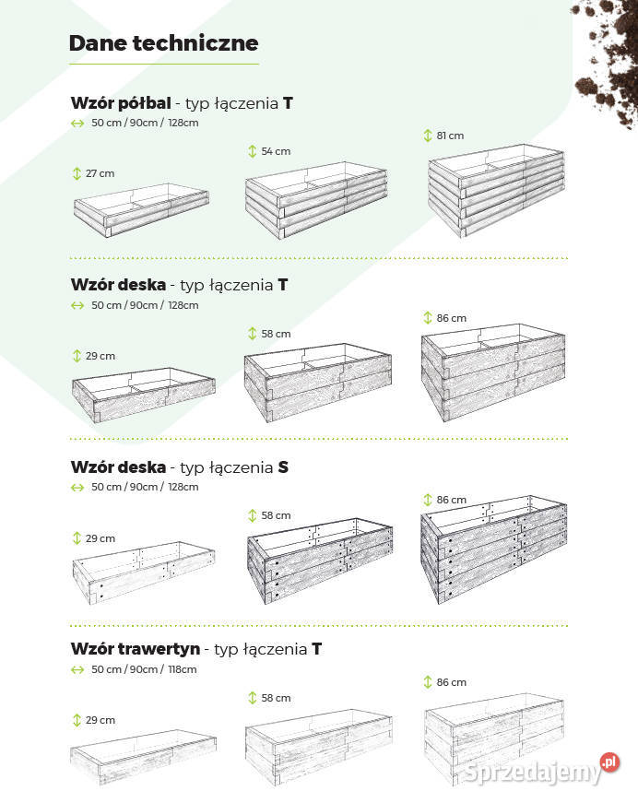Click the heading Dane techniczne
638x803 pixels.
(x=163, y=43)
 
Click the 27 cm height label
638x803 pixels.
(x=100, y=173)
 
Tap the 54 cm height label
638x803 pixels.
(x=276, y=151)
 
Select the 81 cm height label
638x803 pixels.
(x=450, y=136)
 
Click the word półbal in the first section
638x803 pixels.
(x=145, y=103)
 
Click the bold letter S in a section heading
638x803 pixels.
(x=283, y=467)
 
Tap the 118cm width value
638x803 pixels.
(x=183, y=669)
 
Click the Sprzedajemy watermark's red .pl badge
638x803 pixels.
(x=609, y=762)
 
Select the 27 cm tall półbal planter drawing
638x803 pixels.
(x=141, y=210)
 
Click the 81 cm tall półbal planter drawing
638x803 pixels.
(x=497, y=191)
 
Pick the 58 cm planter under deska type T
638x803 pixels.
(x=318, y=382)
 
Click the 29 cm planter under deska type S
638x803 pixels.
(x=144, y=573)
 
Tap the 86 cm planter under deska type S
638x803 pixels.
(x=494, y=549)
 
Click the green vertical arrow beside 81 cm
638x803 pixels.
(x=428, y=136)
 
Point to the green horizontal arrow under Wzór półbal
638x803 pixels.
(x=77, y=124)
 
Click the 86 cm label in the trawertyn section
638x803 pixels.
(x=451, y=682)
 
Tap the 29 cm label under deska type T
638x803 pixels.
(x=100, y=356)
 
